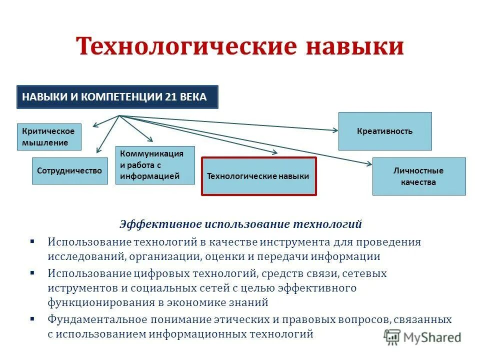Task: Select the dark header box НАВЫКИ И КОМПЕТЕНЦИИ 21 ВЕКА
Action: click(x=117, y=97)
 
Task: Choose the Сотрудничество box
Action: click(x=69, y=171)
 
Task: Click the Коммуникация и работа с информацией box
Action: click(x=155, y=165)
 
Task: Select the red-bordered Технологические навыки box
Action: click(x=258, y=176)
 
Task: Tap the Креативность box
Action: click(x=384, y=131)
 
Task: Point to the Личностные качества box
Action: click(x=418, y=176)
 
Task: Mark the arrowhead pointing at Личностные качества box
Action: click(x=369, y=163)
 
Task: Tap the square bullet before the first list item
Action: click(x=32, y=241)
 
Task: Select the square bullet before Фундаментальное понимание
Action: click(x=32, y=319)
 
